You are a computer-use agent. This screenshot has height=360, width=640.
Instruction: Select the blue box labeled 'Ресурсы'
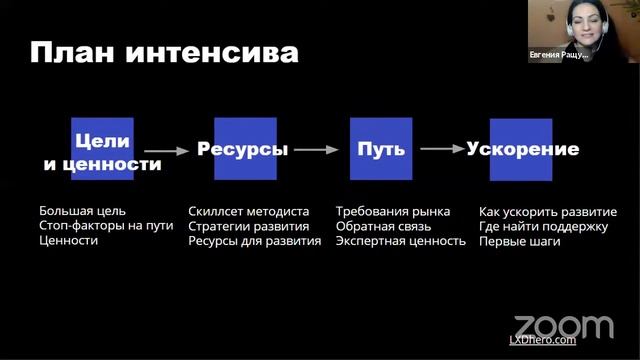pyautogui.click(x=243, y=150)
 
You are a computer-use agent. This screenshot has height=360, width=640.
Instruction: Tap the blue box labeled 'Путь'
pyautogui.click(x=381, y=150)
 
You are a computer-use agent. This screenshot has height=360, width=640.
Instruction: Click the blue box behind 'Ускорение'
pyautogui.click(x=521, y=150)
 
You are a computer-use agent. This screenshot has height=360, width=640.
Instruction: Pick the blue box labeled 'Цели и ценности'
pyautogui.click(x=102, y=150)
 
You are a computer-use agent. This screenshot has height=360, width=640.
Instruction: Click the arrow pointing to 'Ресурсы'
pyautogui.click(x=173, y=151)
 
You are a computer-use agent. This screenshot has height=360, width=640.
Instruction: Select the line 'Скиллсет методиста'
pyautogui.click(x=248, y=212)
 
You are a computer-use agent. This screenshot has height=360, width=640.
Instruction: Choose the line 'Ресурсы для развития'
pyautogui.click(x=254, y=241)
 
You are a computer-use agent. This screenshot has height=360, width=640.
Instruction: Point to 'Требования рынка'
pyautogui.click(x=393, y=212)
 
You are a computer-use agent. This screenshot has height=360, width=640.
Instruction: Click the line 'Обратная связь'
pyautogui.click(x=384, y=226)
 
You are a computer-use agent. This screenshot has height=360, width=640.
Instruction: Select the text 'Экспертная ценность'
pyautogui.click(x=401, y=241)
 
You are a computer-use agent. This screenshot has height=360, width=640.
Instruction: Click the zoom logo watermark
pyautogui.click(x=563, y=326)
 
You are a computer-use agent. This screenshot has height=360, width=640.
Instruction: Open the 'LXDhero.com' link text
pyautogui.click(x=543, y=341)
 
